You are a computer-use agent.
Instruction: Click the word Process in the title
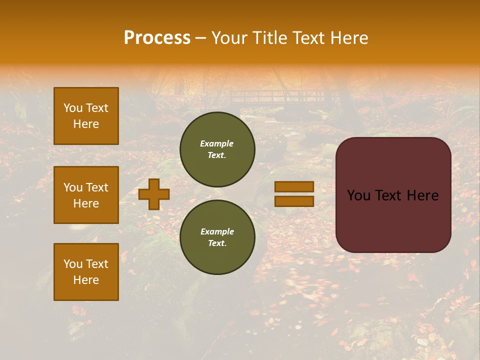[157, 38]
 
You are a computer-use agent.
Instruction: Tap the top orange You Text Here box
[86, 116]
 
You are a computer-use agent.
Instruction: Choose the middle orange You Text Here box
[86, 195]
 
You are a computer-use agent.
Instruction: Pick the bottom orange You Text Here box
[86, 272]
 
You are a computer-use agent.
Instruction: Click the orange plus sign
[154, 194]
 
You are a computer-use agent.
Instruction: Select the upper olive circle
[217, 149]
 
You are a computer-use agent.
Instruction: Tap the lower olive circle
[217, 237]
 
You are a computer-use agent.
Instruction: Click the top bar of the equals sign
[294, 186]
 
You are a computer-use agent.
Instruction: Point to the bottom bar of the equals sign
[294, 201]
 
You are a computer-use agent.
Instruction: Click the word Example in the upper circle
[216, 143]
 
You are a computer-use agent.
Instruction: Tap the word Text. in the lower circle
[217, 243]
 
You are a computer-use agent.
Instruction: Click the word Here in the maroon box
[422, 195]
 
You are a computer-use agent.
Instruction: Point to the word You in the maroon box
[358, 195]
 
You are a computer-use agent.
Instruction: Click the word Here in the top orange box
[86, 124]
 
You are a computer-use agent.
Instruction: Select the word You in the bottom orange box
[72, 264]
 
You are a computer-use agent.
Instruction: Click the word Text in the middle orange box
[96, 187]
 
